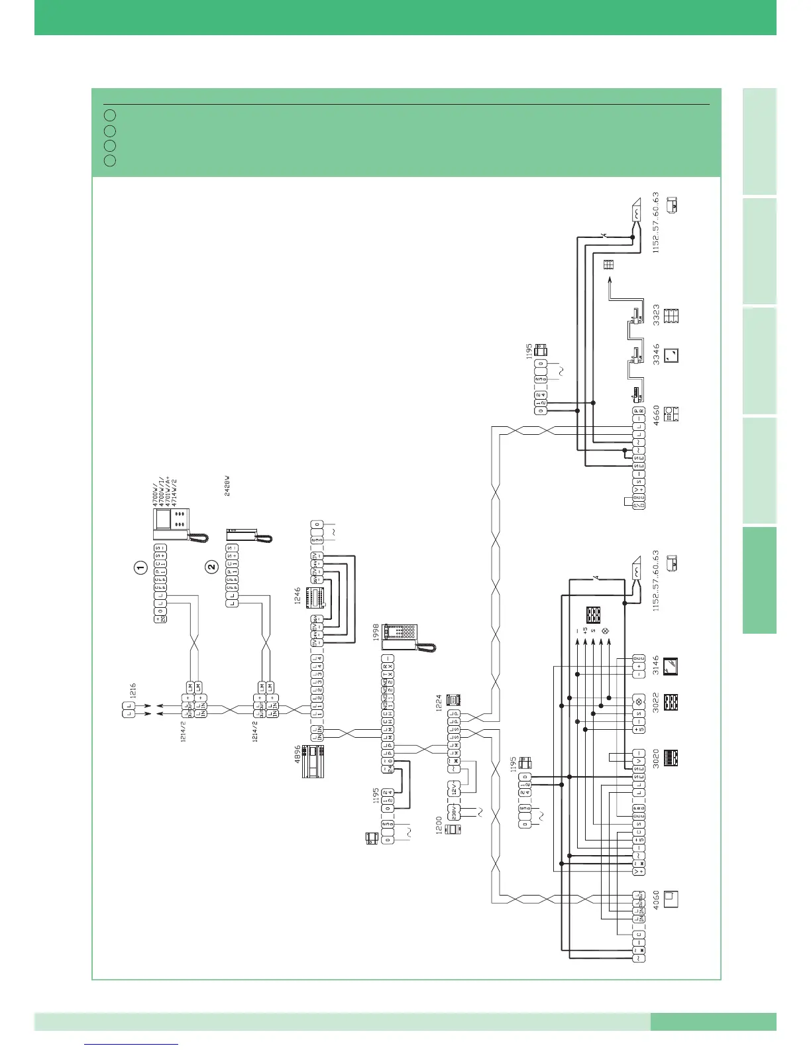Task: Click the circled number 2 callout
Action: pos(211,567)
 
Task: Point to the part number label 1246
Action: pos(297,596)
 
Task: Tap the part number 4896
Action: pos(297,752)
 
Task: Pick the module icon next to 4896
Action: pos(313,760)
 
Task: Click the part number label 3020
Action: pos(655,757)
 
